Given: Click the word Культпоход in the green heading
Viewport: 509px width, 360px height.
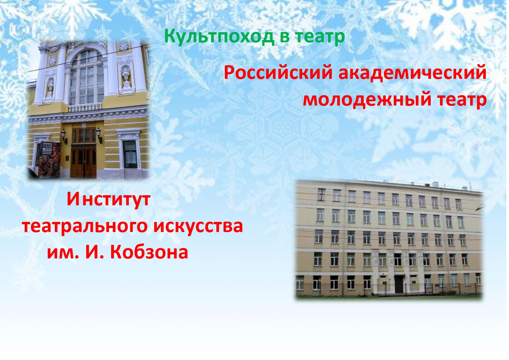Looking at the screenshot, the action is pos(219,37).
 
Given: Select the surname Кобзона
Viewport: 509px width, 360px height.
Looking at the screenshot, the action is pos(149,252).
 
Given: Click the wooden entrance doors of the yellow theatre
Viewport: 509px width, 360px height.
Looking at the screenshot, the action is pos(84,163).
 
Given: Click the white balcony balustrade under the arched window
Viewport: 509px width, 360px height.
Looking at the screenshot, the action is pos(85,108).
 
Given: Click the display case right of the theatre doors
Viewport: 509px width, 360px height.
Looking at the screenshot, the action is pos(130,155).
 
